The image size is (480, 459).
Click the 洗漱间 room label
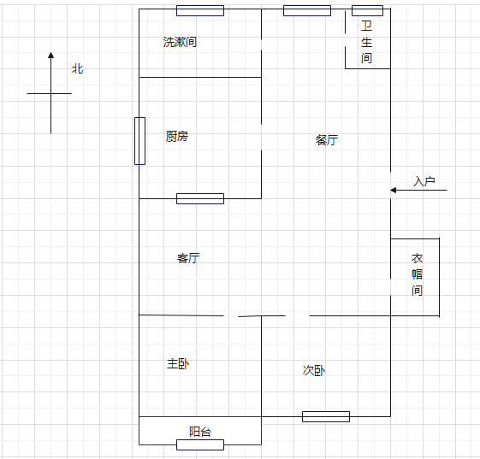point(180,42)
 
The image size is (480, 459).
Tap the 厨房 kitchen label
point(177,137)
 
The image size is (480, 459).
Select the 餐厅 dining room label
point(327,140)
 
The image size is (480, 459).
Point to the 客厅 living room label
point(188,258)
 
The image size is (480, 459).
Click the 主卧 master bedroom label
point(178,363)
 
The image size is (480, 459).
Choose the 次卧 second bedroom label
point(314,370)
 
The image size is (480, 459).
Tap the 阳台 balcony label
point(200,432)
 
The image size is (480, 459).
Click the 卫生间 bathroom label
point(366,42)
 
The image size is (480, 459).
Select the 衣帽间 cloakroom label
point(417,274)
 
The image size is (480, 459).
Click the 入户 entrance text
point(424,181)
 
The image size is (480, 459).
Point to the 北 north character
point(78,68)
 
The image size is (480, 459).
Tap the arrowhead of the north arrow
point(50,55)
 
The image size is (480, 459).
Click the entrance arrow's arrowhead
point(394,191)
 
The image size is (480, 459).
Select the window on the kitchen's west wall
point(140,141)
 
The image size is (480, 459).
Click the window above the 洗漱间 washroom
point(200,11)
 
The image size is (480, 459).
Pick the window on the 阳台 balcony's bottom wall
point(200,445)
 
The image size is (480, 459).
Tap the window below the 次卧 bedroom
point(326,416)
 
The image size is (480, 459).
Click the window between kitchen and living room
point(200,199)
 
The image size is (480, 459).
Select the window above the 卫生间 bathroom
point(367,11)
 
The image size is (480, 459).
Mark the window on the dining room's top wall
point(307,11)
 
